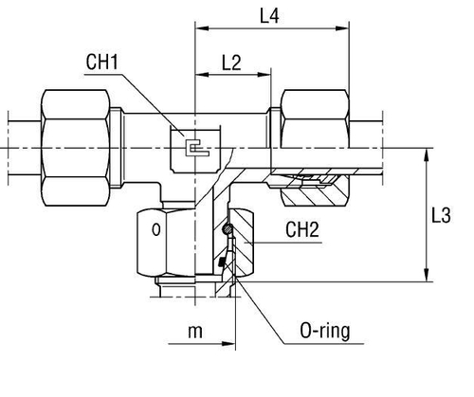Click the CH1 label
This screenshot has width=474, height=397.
point(101,63)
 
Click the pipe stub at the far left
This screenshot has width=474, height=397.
point(20,132)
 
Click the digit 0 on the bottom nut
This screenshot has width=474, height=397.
point(156,230)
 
